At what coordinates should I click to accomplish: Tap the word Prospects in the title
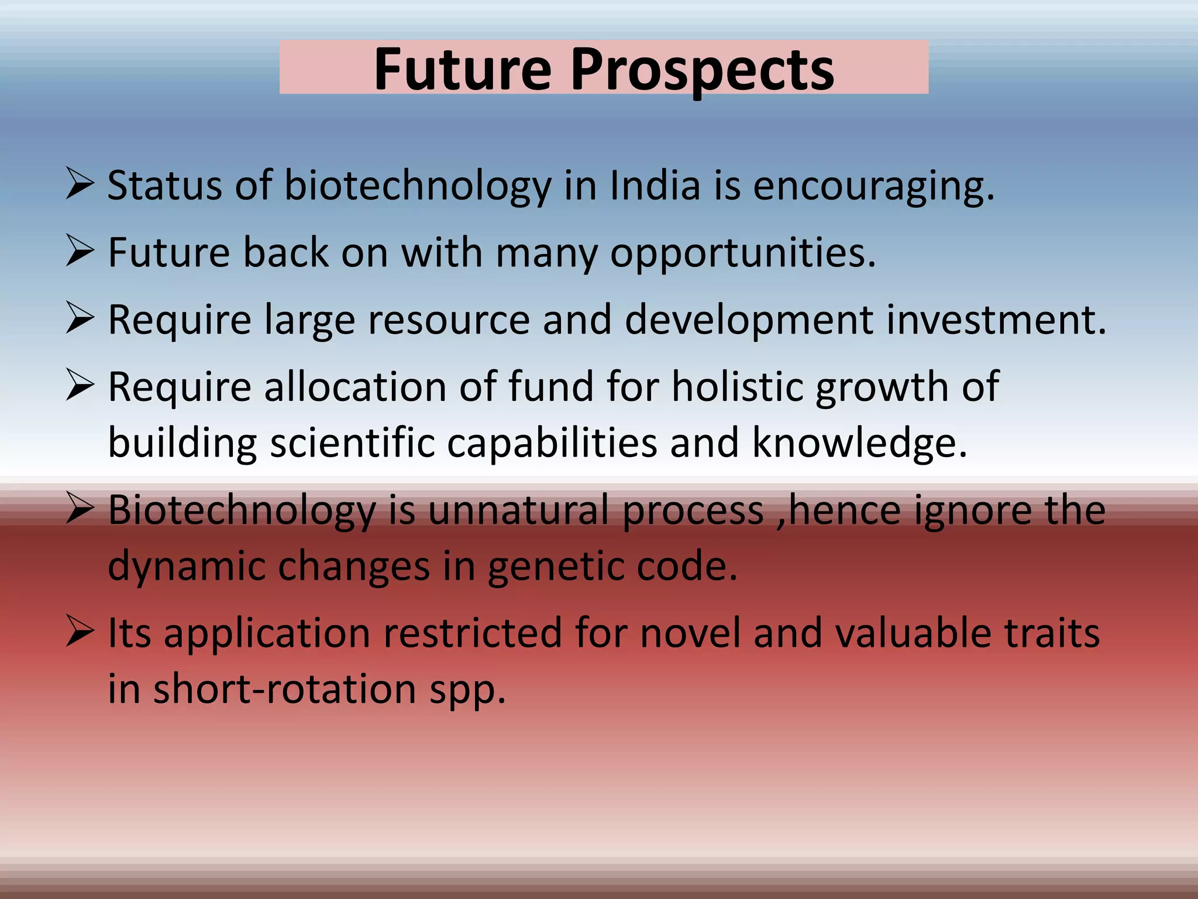(x=702, y=71)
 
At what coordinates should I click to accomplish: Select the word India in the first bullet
(x=655, y=186)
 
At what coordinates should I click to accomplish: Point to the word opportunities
(x=743, y=254)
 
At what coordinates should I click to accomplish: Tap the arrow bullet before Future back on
(x=80, y=251)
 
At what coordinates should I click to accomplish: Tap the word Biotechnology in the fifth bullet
(x=242, y=511)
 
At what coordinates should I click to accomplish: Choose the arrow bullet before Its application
(x=80, y=631)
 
